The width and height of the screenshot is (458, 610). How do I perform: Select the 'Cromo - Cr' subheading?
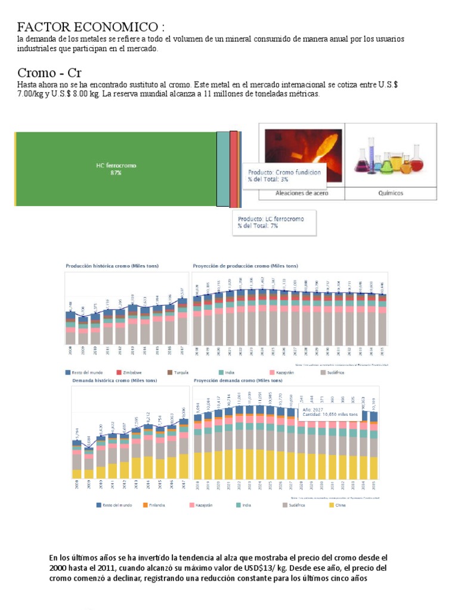49,73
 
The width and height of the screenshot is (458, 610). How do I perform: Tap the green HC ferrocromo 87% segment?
116,169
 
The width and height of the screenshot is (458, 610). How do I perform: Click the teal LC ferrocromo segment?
222,169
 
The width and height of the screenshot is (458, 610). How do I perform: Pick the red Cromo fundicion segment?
233,169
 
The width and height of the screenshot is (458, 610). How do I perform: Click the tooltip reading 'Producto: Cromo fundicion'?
284,176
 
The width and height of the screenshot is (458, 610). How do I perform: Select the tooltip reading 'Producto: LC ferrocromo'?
271,222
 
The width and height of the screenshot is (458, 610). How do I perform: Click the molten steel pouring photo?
301,155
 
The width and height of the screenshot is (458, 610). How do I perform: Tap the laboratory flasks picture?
391,155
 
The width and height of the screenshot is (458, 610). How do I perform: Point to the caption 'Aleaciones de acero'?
301,194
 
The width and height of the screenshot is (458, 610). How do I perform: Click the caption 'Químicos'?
391,194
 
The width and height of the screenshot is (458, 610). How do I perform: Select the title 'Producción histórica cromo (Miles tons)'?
113,265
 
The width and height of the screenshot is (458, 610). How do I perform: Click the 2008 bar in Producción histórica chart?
70,327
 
